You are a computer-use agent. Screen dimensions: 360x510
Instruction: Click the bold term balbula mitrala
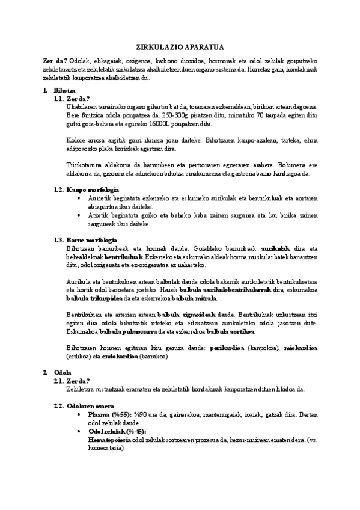[x=194, y=298]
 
